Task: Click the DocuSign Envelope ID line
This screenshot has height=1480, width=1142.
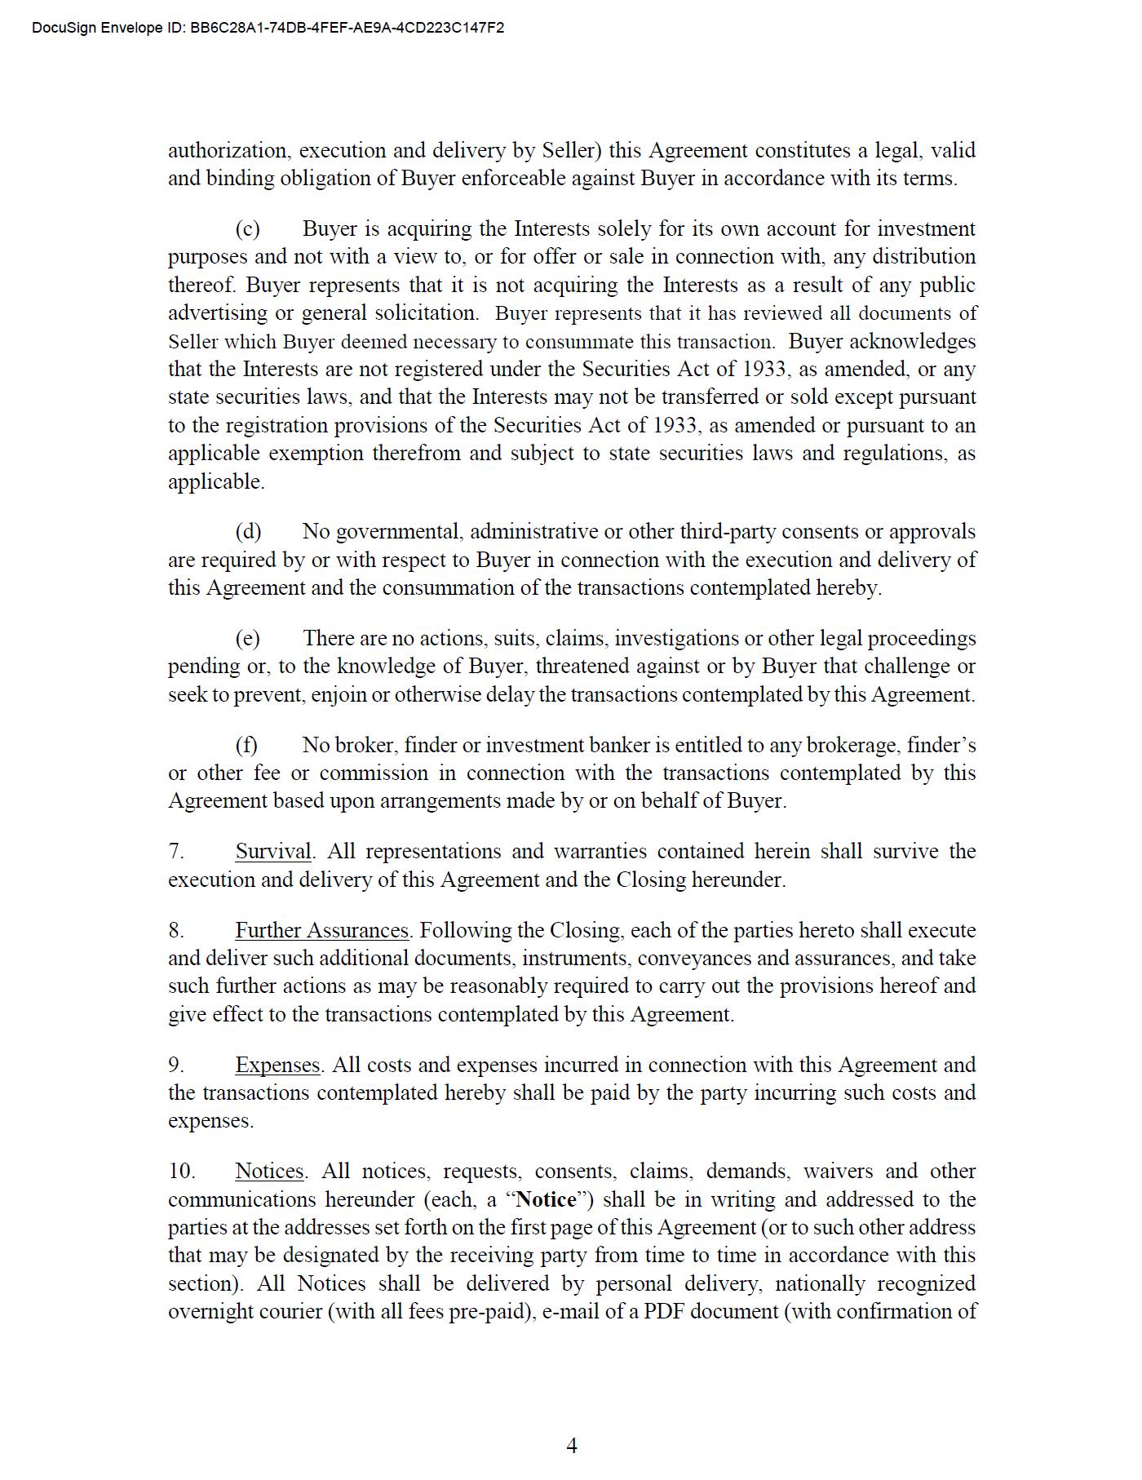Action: click(268, 28)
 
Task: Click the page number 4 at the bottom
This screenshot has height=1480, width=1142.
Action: click(571, 1446)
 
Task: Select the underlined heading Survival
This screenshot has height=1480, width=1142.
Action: click(273, 851)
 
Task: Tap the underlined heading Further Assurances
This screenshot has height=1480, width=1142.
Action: click(321, 930)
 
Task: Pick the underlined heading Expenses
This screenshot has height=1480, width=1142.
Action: click(277, 1065)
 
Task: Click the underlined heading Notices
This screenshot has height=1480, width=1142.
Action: click(269, 1171)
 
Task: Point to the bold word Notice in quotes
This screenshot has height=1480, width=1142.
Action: click(547, 1199)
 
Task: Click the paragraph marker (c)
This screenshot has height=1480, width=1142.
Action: click(247, 228)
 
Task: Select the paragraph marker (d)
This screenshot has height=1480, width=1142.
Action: click(248, 531)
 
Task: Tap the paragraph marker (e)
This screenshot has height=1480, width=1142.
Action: click(247, 638)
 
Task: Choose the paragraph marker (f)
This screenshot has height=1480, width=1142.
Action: click(246, 745)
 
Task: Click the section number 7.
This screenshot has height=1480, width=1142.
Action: click(175, 851)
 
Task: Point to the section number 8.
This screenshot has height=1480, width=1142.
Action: click(175, 930)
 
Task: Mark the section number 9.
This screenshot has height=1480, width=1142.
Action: click(175, 1065)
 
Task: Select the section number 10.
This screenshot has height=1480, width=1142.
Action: click(181, 1171)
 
